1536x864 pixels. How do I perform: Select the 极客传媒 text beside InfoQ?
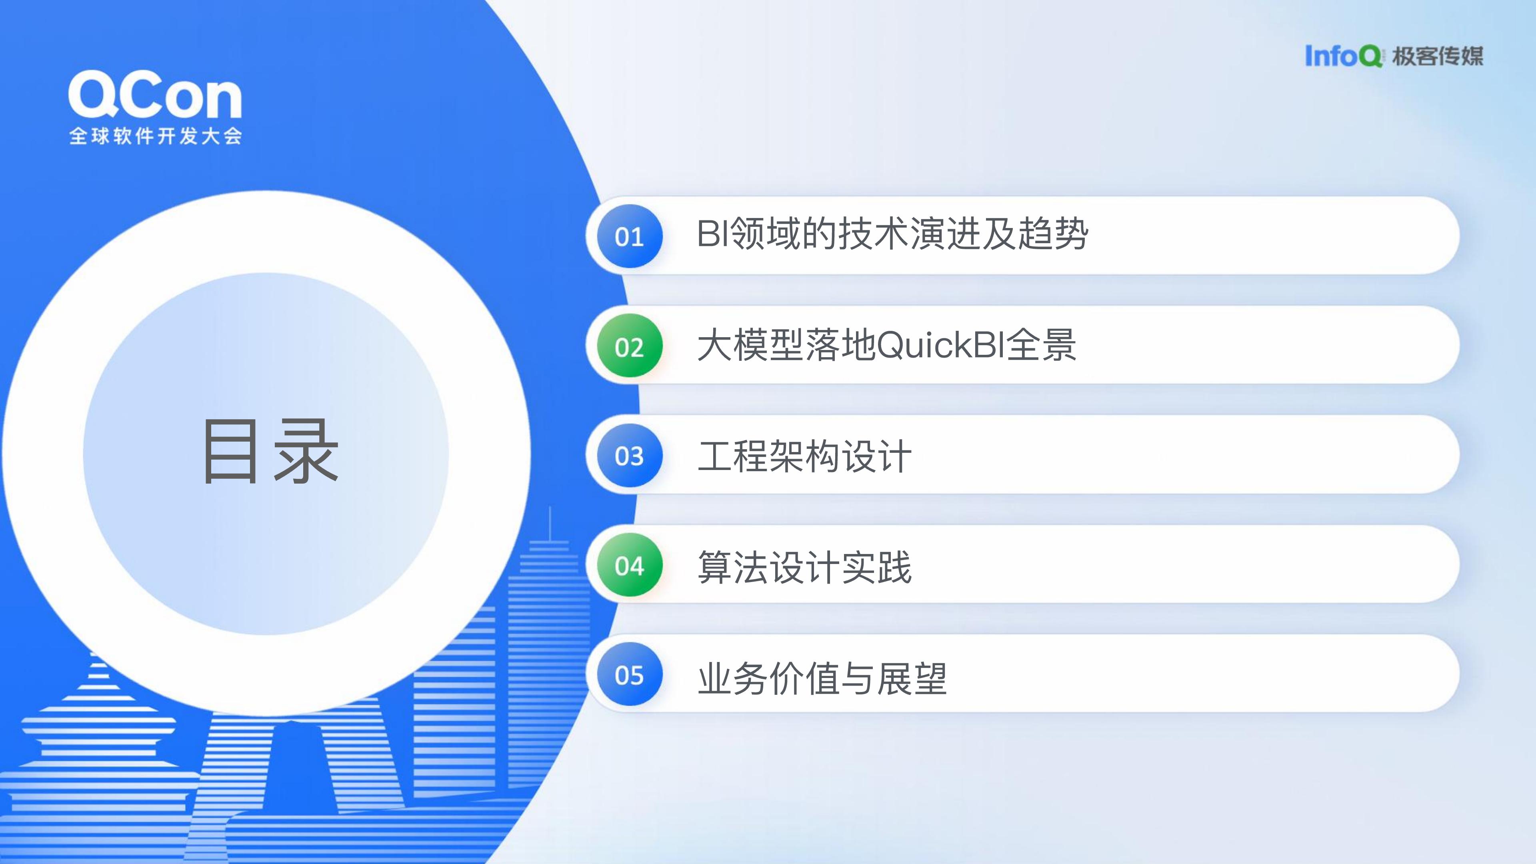coord(1438,56)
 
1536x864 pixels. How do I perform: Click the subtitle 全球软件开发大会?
coord(155,136)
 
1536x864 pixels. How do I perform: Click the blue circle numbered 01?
coord(630,236)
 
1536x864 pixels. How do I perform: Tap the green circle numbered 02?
coord(630,346)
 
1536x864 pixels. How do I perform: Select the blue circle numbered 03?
coord(630,456)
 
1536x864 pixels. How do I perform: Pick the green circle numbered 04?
coord(630,565)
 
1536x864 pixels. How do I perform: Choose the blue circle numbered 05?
coord(630,674)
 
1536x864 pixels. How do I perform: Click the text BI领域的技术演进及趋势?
coord(892,233)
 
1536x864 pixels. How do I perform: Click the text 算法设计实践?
coord(804,566)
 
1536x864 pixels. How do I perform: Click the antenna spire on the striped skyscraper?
coord(550,524)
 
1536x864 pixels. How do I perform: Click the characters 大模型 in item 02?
coord(751,345)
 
